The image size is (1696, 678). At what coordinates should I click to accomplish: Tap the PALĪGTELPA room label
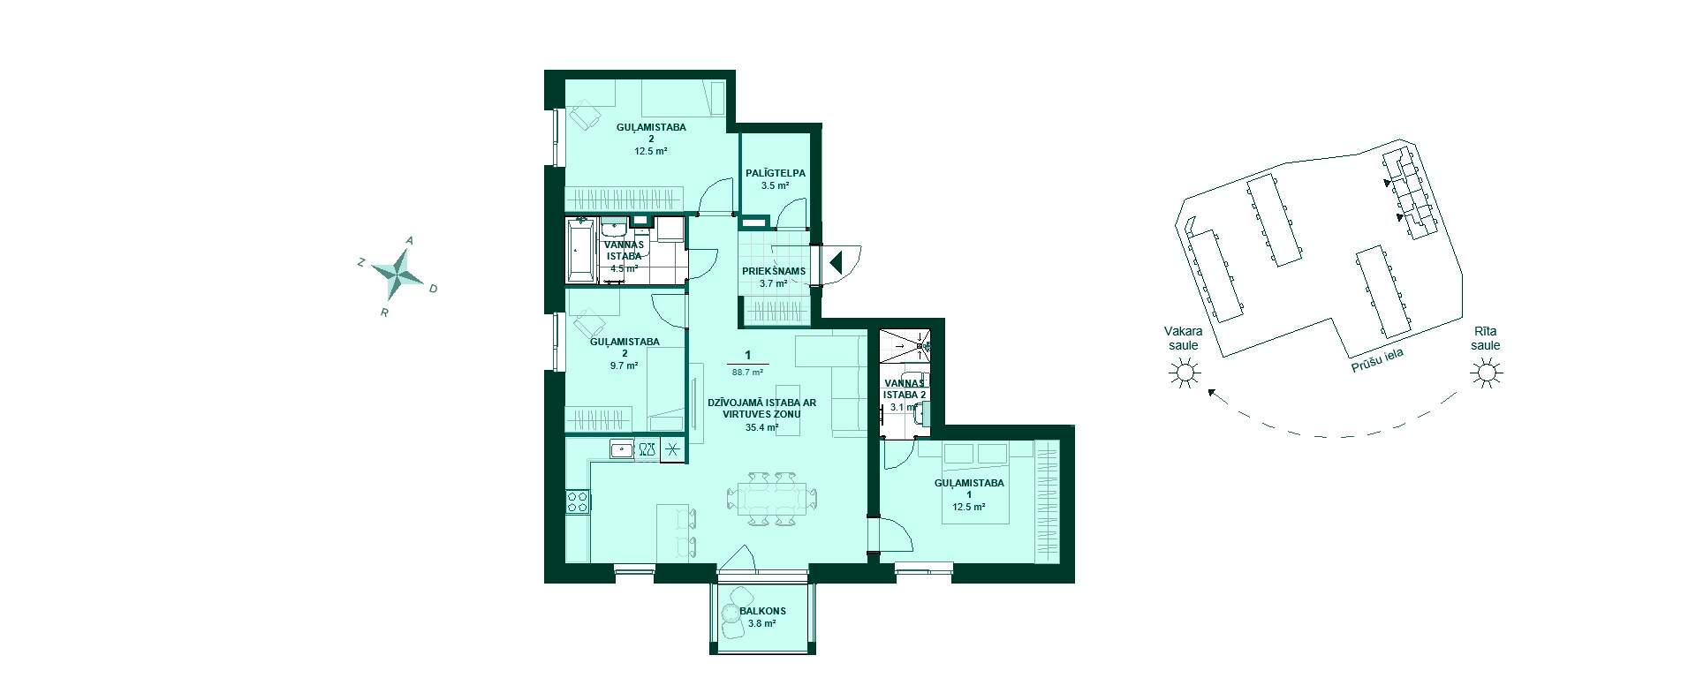pyautogui.click(x=776, y=173)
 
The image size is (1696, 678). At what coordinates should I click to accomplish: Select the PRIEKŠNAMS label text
pyautogui.click(x=773, y=271)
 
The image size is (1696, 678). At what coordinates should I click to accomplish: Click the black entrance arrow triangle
pyautogui.click(x=836, y=262)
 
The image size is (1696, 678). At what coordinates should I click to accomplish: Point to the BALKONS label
pyautogui.click(x=762, y=611)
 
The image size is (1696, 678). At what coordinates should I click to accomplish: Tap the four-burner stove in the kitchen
pyautogui.click(x=578, y=501)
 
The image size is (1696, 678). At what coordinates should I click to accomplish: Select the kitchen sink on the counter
pyautogui.click(x=622, y=449)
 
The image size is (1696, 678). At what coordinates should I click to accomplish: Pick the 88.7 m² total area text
pyautogui.click(x=747, y=372)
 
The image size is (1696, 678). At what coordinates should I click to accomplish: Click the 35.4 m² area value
pyautogui.click(x=761, y=427)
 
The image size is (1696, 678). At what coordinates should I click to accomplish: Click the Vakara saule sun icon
pyautogui.click(x=1185, y=375)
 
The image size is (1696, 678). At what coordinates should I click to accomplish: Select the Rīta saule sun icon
pyautogui.click(x=1486, y=375)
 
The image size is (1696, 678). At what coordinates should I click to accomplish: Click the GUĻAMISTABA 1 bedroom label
pyautogui.click(x=969, y=489)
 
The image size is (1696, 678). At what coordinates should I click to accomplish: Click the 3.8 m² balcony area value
pyautogui.click(x=761, y=623)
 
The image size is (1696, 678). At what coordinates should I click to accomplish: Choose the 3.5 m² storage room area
pyautogui.click(x=775, y=185)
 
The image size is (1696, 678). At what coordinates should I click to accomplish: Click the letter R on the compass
pyautogui.click(x=384, y=313)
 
